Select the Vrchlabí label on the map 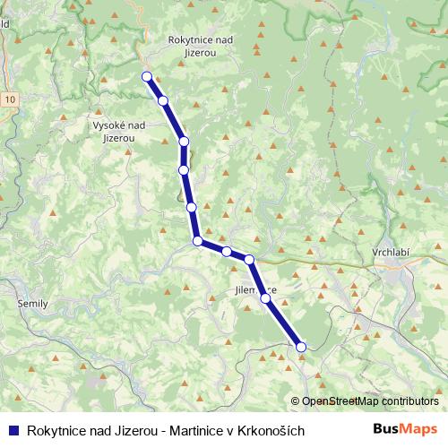click(390, 254)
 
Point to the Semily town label click(32, 305)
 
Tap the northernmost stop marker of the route click(146, 76)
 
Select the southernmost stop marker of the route click(301, 347)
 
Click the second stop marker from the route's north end click(163, 100)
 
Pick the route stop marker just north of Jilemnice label click(249, 260)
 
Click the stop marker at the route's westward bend click(197, 240)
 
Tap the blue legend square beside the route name click(13, 431)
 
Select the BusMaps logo click(405, 430)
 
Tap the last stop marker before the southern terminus click(265, 298)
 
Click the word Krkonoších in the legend click(272, 431)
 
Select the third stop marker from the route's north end click(184, 141)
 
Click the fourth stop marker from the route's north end click(183, 169)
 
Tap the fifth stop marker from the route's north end click(191, 207)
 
